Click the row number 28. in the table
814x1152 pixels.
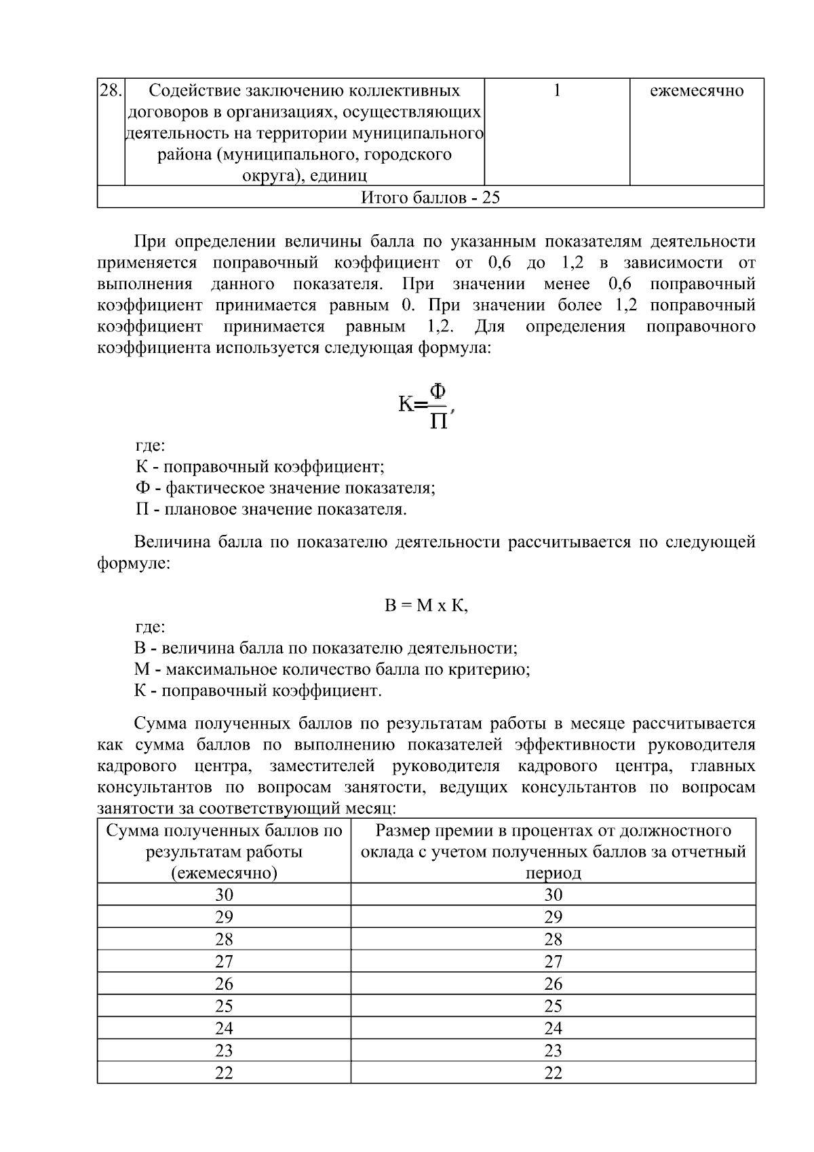tap(111, 90)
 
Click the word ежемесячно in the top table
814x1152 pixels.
tap(697, 90)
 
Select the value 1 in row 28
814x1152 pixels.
tap(557, 90)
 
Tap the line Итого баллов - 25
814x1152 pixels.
tap(430, 198)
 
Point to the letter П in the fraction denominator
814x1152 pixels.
tap(439, 422)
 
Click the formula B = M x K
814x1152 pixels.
tap(426, 606)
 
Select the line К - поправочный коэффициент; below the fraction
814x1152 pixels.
tap(260, 467)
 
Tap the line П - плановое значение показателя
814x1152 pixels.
tap(271, 509)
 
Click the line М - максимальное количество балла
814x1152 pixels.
tap(332, 669)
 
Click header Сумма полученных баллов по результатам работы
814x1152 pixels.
tap(224, 851)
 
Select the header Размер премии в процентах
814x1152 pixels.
tap(553, 851)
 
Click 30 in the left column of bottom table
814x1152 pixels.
tap(224, 894)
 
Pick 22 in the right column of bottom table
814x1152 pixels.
tap(553, 1073)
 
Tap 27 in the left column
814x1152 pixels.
tap(224, 961)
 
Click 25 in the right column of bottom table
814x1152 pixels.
tap(553, 1006)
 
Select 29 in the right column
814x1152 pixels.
tap(553, 916)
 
